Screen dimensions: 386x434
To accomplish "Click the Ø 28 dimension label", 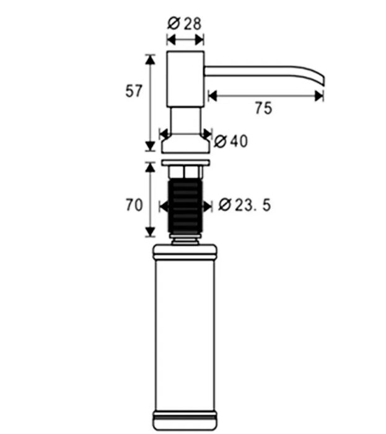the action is (185, 24).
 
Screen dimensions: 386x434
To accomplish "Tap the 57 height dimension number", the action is (134, 91).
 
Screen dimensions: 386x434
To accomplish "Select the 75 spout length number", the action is (263, 108).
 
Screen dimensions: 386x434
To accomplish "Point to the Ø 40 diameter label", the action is (231, 141).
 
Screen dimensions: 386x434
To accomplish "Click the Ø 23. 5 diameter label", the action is (245, 205).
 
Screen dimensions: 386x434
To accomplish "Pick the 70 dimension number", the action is (134, 205).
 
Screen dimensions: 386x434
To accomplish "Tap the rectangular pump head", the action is (185, 79).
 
